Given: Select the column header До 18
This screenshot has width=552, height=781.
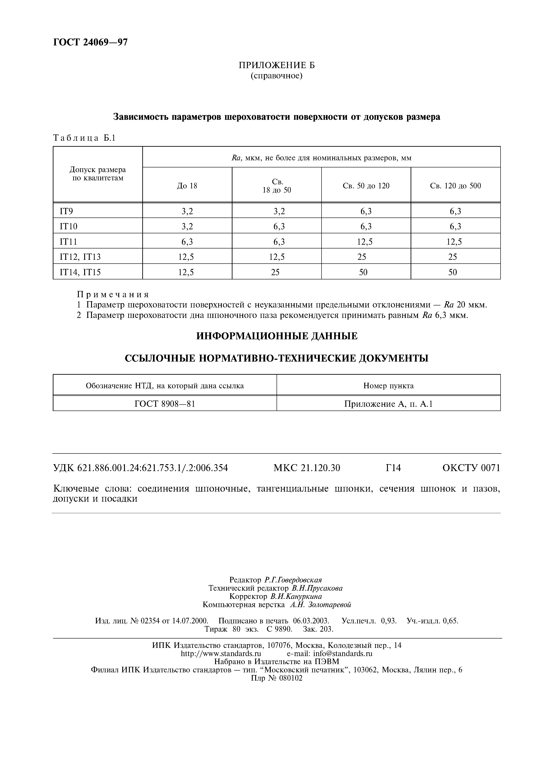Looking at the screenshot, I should pyautogui.click(x=187, y=186).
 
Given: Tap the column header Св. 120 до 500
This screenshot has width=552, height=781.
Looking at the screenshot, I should pyautogui.click(x=455, y=186).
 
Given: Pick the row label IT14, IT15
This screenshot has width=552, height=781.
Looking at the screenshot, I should pyautogui.click(x=80, y=272).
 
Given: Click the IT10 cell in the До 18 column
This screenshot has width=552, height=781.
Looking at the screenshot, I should pyautogui.click(x=187, y=226).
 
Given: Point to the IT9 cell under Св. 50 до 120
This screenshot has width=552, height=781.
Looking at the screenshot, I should pyautogui.click(x=366, y=211).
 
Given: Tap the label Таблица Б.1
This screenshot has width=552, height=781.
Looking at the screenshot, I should pyautogui.click(x=84, y=138).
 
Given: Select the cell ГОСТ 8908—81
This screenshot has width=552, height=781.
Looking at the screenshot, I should pyautogui.click(x=165, y=404).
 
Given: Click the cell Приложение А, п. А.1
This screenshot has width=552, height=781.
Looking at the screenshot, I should pyautogui.click(x=388, y=404).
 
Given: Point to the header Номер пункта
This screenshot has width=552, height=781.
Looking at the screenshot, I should pyautogui.click(x=388, y=386).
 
